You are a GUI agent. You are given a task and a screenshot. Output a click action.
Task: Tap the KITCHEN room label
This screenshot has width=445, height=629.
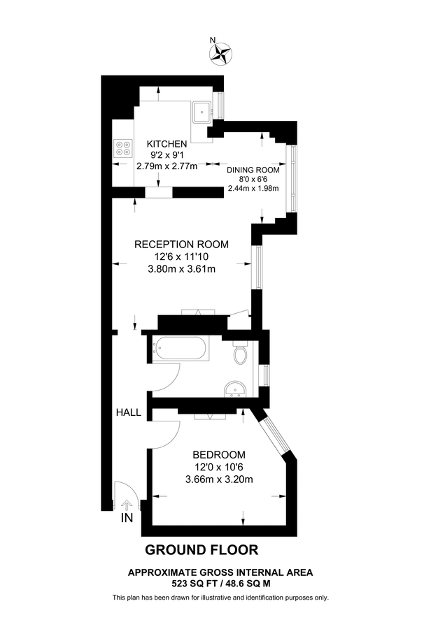167,144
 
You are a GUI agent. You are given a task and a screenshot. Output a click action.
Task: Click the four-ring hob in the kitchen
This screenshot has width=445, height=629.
123,148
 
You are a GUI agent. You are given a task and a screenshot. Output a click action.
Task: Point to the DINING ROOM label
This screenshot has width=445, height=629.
253,170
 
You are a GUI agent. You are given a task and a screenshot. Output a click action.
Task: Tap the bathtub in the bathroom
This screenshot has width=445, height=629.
181,347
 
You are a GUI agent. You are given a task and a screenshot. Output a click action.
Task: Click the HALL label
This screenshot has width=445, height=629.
129,412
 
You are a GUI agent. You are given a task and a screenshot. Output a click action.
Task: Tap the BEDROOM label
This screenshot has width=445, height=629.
220,454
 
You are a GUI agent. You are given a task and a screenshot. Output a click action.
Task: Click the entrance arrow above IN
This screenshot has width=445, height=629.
127,504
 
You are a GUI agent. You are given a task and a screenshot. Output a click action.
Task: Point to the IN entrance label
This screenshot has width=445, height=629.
127,519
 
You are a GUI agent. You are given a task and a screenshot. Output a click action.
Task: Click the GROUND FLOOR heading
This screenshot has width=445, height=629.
202,549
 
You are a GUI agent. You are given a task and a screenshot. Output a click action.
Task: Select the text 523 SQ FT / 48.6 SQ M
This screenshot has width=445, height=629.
220,582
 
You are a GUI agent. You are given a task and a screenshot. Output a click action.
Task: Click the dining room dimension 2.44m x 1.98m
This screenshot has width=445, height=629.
253,188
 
